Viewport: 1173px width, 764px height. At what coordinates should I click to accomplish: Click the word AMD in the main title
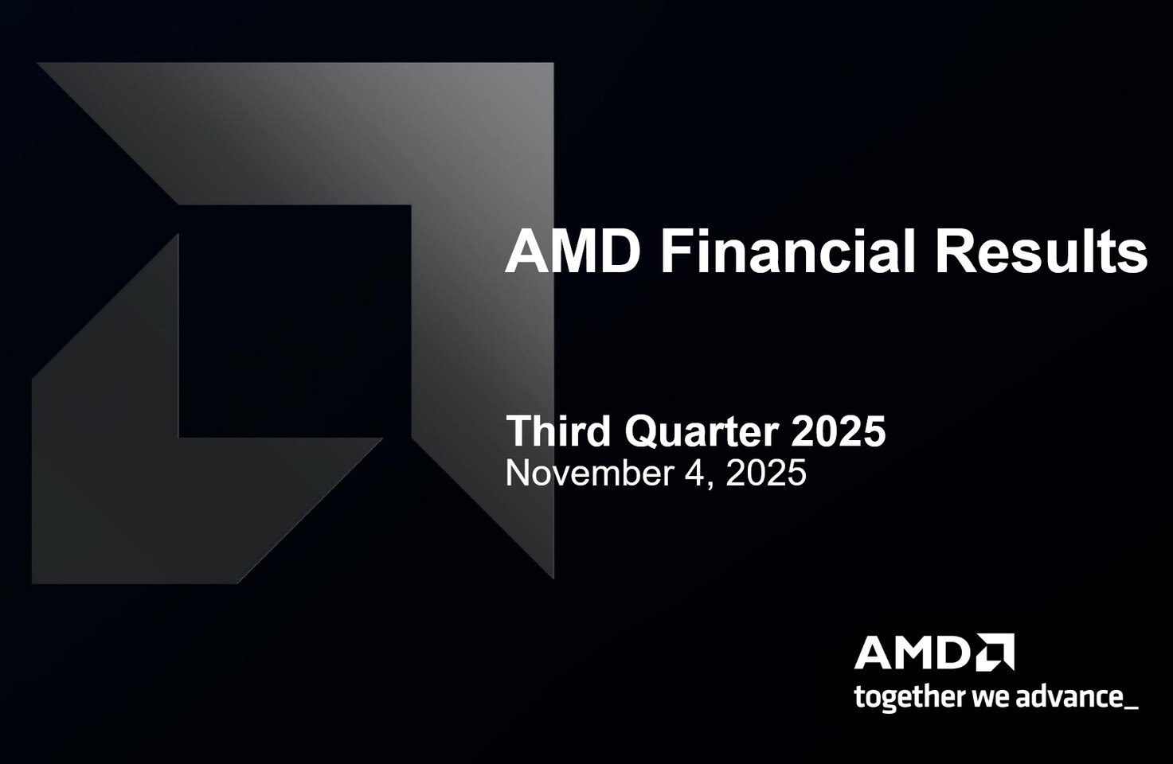pyautogui.click(x=573, y=251)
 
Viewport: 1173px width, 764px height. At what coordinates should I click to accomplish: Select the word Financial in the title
pyautogui.click(x=788, y=251)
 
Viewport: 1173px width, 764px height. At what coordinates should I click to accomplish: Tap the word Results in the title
pyautogui.click(x=1041, y=251)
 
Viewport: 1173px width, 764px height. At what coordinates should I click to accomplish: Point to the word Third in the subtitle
pyautogui.click(x=558, y=431)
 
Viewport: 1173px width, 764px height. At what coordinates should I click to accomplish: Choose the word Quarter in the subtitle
pyautogui.click(x=701, y=431)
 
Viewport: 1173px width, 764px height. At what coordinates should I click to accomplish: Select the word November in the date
pyautogui.click(x=589, y=474)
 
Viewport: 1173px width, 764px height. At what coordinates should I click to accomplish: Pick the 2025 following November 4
pyautogui.click(x=765, y=474)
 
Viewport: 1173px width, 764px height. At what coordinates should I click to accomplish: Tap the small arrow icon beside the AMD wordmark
pyautogui.click(x=995, y=653)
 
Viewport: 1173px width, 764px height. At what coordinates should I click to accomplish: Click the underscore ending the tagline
pyautogui.click(x=1131, y=706)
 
